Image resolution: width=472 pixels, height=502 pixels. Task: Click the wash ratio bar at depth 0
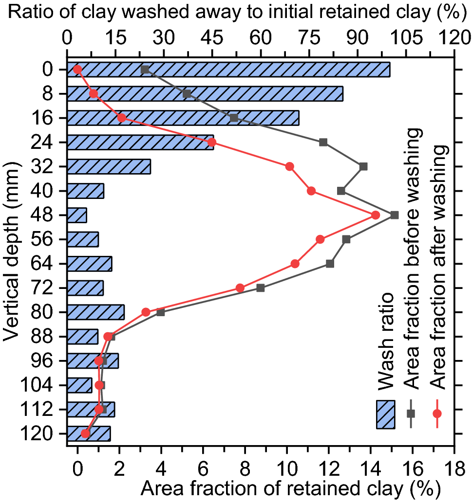pos(228,70)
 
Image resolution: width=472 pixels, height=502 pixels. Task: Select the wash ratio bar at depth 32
pos(109,166)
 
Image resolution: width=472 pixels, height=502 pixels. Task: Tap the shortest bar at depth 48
pos(76,215)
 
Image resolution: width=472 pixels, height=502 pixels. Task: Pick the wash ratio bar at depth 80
pos(95,312)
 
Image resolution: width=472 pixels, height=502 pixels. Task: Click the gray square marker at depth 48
pos(395,215)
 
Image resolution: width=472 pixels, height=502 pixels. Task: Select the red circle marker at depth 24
pos(211,142)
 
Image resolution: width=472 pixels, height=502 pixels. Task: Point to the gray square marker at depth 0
pos(145,70)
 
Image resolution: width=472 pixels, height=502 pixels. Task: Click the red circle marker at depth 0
pos(77,70)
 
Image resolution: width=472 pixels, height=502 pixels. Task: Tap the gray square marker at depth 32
pos(363,166)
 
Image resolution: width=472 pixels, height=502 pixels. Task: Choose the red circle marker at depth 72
pos(240,287)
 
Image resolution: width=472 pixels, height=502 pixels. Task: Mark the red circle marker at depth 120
pos(86,433)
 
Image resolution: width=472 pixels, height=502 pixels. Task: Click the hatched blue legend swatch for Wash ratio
pos(385,414)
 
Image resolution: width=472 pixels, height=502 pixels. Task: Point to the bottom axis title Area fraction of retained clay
pos(291,487)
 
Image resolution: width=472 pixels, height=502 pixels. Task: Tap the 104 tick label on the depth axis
pos(38,385)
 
